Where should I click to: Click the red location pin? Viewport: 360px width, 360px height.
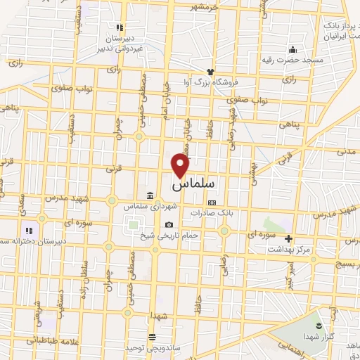click(x=181, y=165)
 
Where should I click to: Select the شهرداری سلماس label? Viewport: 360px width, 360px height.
click(x=149, y=207)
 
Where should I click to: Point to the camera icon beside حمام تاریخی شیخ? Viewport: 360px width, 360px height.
click(x=169, y=225)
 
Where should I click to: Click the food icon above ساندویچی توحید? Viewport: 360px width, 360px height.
click(x=153, y=337)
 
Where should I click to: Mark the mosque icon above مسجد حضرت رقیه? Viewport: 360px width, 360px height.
click(x=292, y=49)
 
